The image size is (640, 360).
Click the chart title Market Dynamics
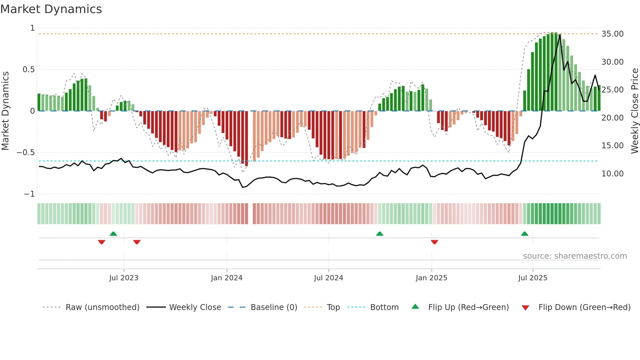click(x=51, y=9)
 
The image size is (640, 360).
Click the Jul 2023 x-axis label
click(x=124, y=278)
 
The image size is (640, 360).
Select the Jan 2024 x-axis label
click(x=227, y=278)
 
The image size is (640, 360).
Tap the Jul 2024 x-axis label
click(x=328, y=278)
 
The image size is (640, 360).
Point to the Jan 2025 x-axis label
click(x=431, y=278)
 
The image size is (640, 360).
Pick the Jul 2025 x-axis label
click(x=533, y=278)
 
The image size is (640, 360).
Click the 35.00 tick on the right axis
click(x=612, y=34)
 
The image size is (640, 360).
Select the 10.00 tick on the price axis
click(x=612, y=174)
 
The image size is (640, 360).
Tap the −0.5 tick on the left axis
click(x=25, y=153)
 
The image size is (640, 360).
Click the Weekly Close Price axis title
click(x=634, y=111)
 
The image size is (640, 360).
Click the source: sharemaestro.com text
click(x=575, y=256)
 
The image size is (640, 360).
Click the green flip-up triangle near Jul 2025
click(x=524, y=234)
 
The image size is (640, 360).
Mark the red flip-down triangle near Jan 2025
click(x=434, y=242)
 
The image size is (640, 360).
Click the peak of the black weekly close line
click(x=560, y=35)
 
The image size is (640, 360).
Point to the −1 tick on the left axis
click(x=29, y=194)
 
